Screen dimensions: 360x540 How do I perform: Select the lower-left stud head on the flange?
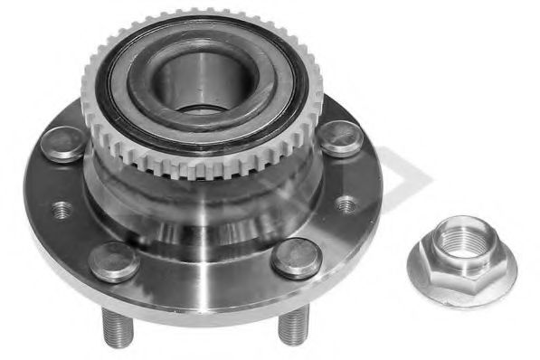(115, 261)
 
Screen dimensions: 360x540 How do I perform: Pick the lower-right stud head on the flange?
(297, 257)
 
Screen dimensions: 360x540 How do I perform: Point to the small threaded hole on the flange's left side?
(62, 210)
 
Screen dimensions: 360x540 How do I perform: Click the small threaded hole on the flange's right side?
(346, 204)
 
